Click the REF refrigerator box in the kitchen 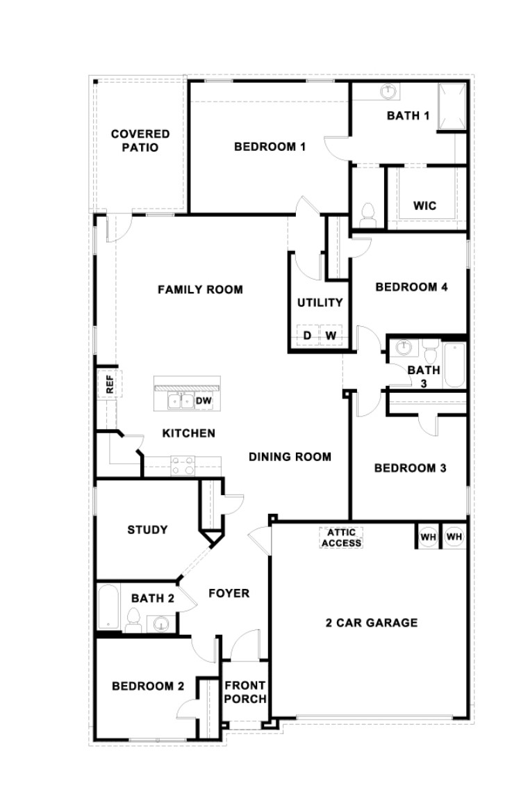(110, 383)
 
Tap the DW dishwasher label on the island (204, 401)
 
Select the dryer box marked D (308, 336)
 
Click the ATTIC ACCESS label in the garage (341, 537)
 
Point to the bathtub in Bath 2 (108, 607)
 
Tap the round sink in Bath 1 (388, 92)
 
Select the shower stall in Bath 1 (452, 107)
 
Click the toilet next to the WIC (367, 216)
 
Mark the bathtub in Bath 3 (454, 364)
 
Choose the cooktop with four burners (183, 466)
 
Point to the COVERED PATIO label (140, 140)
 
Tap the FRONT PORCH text (245, 692)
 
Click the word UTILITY (320, 303)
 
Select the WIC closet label (425, 206)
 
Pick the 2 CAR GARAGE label (372, 622)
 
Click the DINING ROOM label (290, 456)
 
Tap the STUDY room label (147, 529)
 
